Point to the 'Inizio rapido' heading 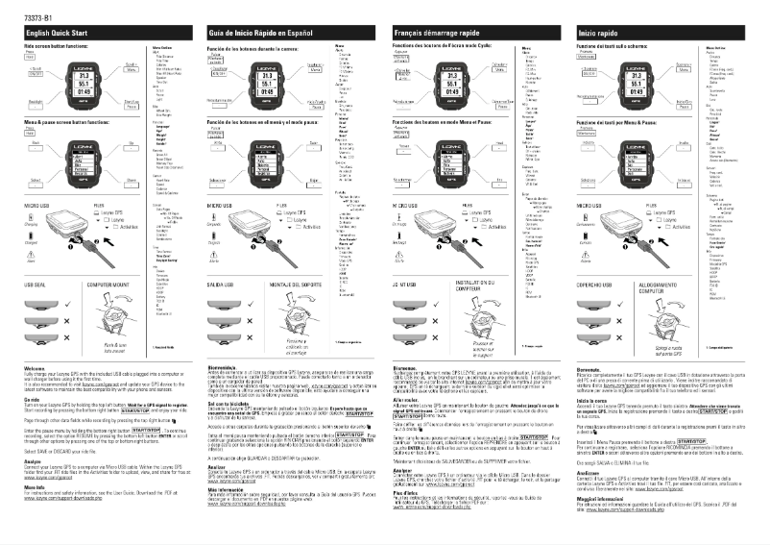click(599, 34)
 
